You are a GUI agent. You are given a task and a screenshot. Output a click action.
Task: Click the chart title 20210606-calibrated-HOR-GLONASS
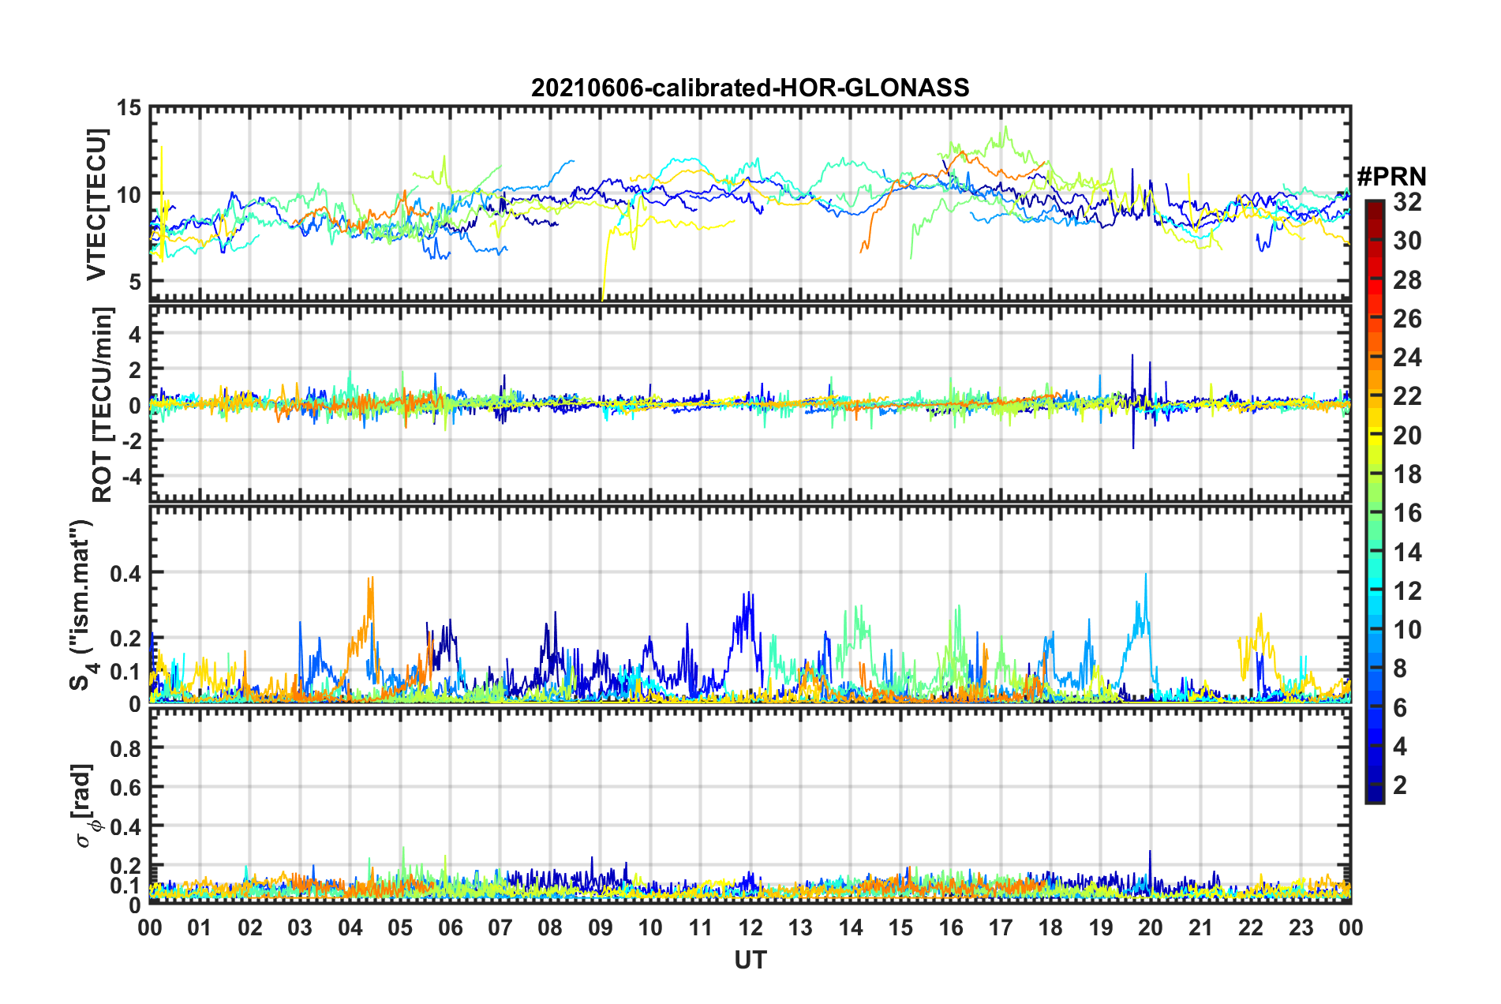(750, 88)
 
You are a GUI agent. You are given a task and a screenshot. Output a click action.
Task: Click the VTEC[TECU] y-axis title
(96, 204)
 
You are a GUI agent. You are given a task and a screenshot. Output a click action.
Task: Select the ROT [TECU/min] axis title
(103, 405)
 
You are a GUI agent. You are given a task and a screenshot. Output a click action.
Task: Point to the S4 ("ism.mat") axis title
(82, 605)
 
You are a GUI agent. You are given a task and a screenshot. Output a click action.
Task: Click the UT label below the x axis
(750, 960)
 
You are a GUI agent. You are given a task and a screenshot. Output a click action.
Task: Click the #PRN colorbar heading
(1391, 176)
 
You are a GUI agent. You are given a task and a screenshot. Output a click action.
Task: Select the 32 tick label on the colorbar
(1407, 202)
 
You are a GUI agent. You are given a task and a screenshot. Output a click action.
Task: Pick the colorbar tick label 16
(1407, 513)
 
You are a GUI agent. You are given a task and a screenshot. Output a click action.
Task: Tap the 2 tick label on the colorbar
(1400, 785)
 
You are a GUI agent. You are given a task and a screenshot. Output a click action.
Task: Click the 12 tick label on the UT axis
(750, 927)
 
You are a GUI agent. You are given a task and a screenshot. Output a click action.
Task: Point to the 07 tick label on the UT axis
(500, 927)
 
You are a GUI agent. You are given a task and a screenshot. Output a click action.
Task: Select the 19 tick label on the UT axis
(1101, 927)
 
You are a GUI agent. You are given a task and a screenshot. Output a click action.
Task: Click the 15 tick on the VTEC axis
(129, 107)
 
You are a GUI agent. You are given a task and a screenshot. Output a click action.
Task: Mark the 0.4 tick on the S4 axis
(125, 573)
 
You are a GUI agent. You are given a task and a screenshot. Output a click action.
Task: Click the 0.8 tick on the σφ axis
(125, 747)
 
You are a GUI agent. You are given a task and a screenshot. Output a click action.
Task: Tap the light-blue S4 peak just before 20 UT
(1145, 575)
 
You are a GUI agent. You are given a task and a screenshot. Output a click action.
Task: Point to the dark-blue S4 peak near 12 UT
(747, 593)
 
